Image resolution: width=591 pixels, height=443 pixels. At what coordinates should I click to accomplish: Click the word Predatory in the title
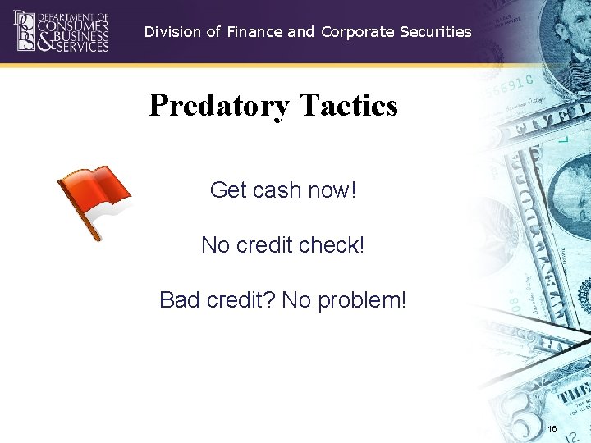[x=219, y=106]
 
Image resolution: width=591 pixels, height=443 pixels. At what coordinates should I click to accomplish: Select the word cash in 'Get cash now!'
[x=277, y=190]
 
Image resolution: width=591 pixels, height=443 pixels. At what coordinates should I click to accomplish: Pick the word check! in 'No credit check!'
[x=332, y=245]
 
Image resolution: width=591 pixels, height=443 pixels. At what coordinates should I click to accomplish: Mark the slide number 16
[x=552, y=429]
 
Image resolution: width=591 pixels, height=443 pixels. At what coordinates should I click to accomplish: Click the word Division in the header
[x=172, y=32]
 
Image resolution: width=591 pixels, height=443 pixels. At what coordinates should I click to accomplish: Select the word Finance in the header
[x=255, y=32]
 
